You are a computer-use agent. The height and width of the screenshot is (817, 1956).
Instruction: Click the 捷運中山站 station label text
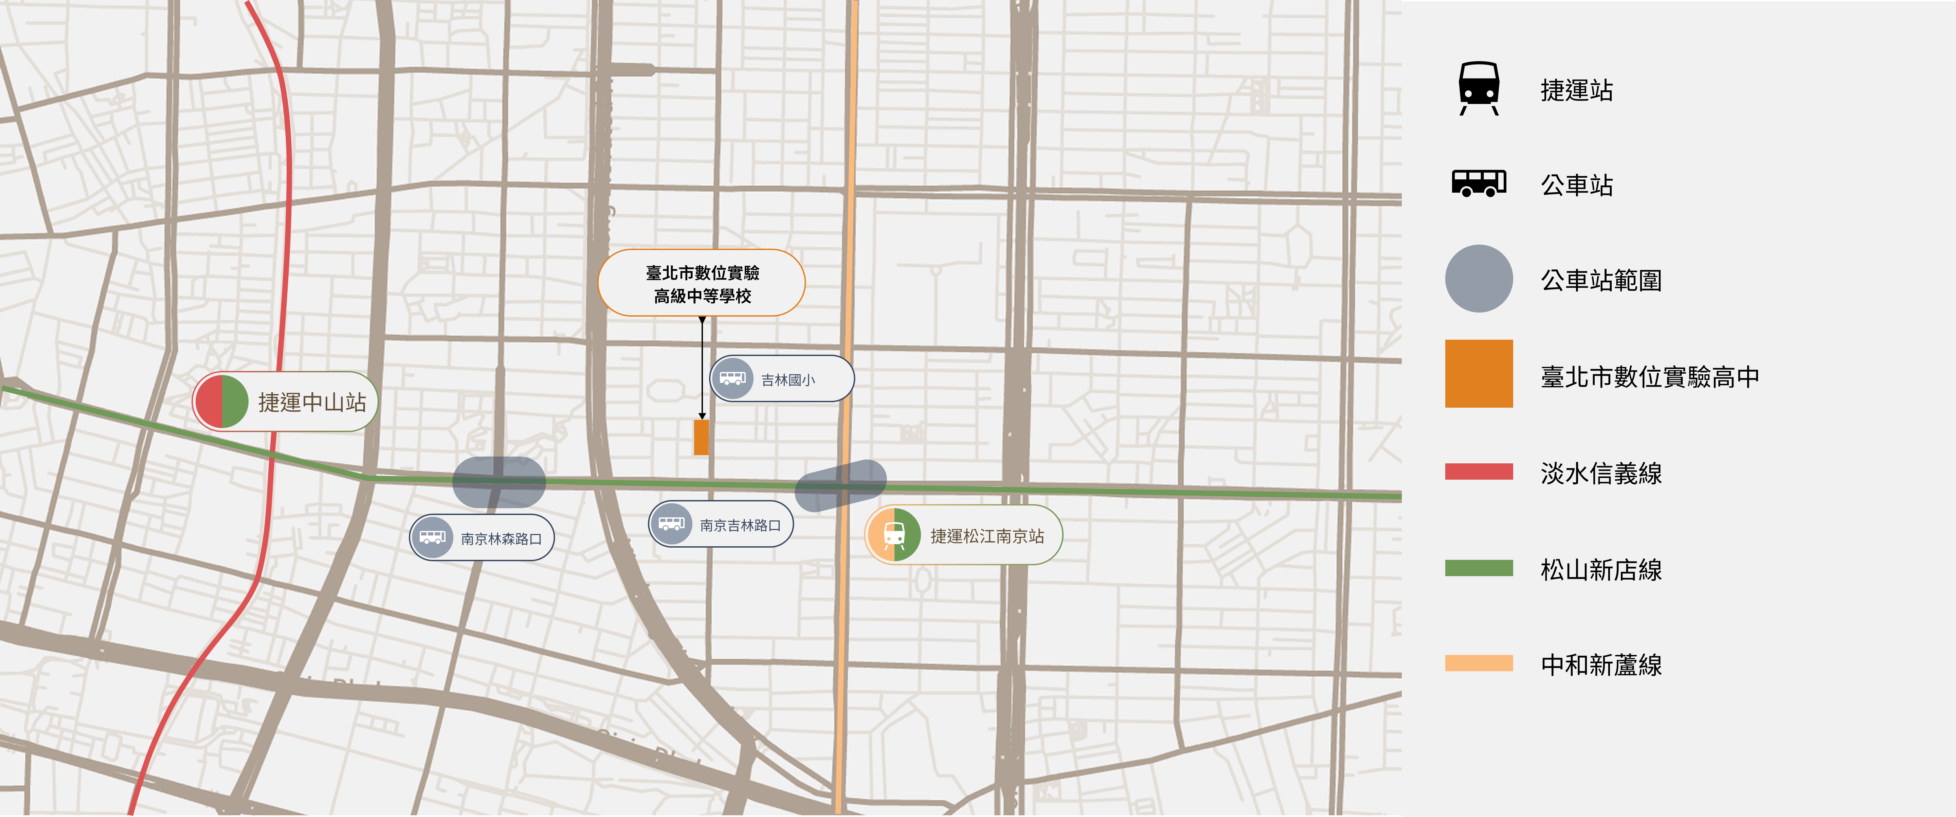(x=312, y=403)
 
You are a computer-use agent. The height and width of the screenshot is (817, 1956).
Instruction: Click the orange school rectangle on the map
(x=701, y=437)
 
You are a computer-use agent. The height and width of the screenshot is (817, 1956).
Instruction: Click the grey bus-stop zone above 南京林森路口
(x=499, y=482)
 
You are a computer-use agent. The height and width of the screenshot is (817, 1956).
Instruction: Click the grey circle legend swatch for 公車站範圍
(x=1479, y=279)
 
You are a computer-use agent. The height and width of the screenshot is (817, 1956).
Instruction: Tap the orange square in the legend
(x=1479, y=374)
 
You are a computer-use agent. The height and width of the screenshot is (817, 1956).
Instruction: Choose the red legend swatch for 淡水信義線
(x=1479, y=472)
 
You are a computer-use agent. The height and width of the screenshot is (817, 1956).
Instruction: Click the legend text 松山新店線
(x=1601, y=569)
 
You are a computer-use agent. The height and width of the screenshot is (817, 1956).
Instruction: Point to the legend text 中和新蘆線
(x=1601, y=665)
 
